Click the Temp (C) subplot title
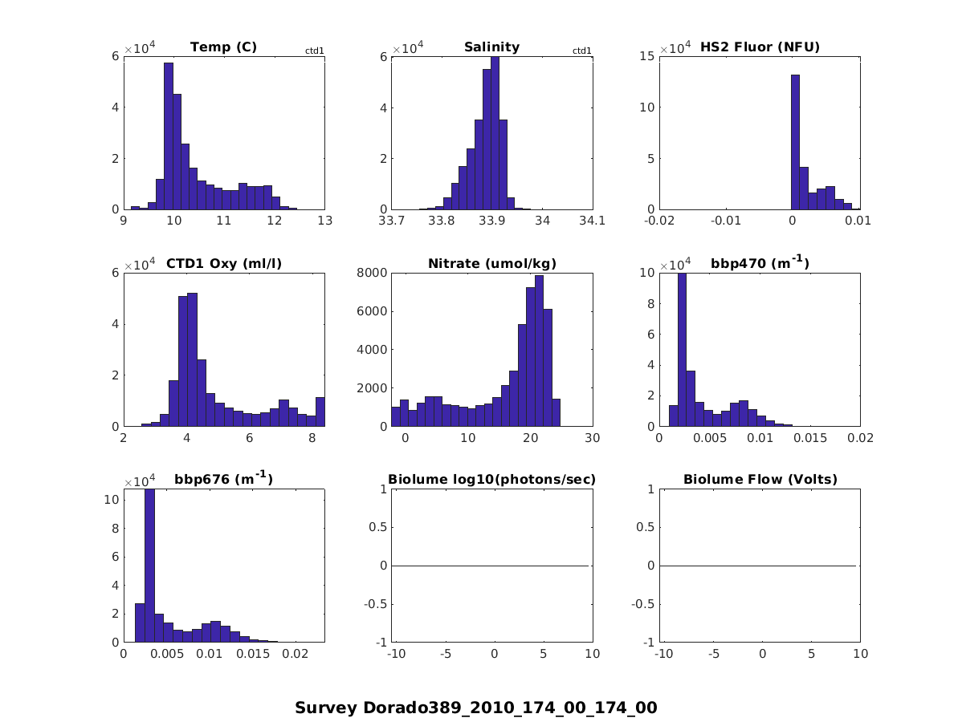pos(223,47)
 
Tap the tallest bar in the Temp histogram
pos(169,136)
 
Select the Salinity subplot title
pos(491,47)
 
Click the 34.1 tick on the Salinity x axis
pos(592,221)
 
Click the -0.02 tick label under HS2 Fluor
pos(660,221)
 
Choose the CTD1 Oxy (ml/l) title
pos(223,263)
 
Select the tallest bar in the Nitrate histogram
pos(539,351)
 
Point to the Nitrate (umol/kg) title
pos(491,263)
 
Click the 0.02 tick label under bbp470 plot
pos(859,437)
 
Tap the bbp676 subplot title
pos(223,479)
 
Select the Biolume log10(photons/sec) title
pos(491,480)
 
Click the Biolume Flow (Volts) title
pos(760,480)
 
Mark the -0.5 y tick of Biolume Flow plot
pos(645,604)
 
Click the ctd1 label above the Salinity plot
pos(581,51)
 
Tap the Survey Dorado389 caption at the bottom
pos(475,708)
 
